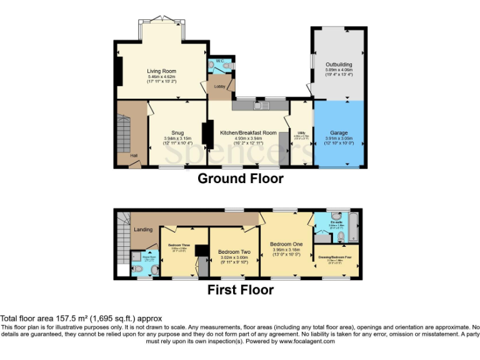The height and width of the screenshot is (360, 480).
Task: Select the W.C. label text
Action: (217, 61)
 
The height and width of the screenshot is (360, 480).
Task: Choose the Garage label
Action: (339, 133)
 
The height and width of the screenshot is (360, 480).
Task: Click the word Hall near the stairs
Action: (133, 156)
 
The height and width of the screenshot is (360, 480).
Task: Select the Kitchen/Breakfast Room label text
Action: (248, 132)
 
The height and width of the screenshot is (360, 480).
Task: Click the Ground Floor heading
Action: (240, 179)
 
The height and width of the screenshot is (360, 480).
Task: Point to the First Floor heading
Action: (240, 290)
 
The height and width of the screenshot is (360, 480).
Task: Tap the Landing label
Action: (143, 229)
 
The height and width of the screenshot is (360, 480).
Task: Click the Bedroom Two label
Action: (234, 252)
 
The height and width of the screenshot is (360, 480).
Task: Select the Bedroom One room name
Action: (286, 244)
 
